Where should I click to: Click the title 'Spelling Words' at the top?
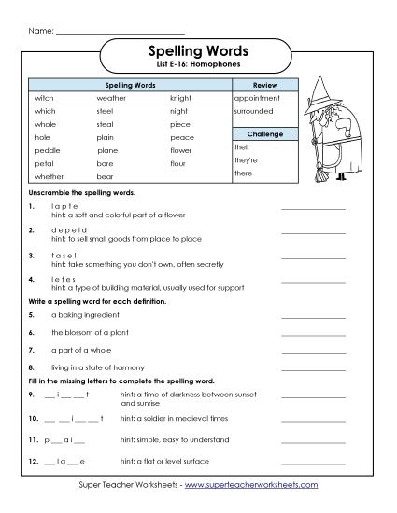[x=198, y=52]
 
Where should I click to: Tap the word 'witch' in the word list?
[x=45, y=97]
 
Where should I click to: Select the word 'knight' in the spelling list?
[x=180, y=97]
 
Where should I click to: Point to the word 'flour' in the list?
[x=178, y=162]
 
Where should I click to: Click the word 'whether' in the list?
[x=50, y=175]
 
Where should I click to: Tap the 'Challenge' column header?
[x=263, y=134]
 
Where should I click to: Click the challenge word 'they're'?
[x=246, y=160]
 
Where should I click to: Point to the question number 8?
[x=32, y=367]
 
